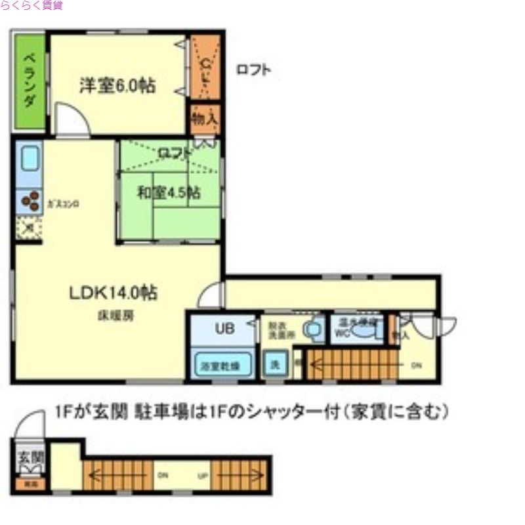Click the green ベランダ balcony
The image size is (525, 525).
[x=30, y=81]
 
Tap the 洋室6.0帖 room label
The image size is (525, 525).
[x=117, y=85]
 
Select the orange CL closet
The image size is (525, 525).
[x=205, y=66]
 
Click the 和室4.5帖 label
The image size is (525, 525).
[x=169, y=193]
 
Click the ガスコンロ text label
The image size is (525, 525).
[x=63, y=204]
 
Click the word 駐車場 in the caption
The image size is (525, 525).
[x=156, y=412]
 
